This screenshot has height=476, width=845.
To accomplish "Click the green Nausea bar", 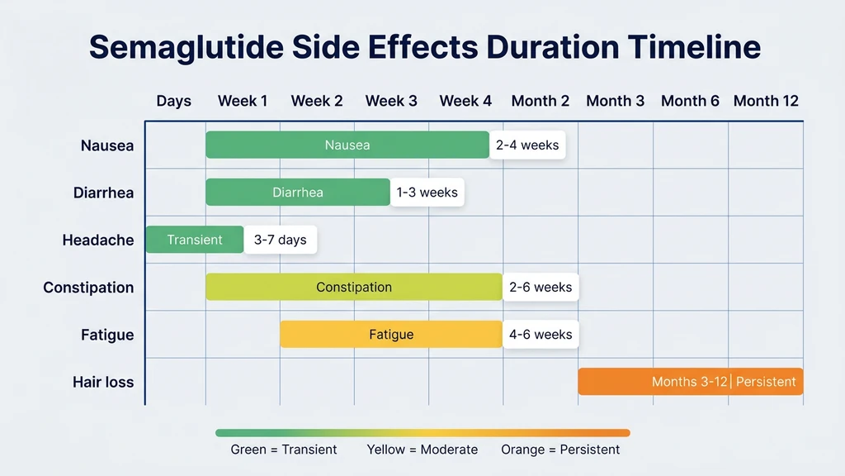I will coord(347,145).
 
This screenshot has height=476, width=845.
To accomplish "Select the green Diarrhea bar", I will coord(298,193).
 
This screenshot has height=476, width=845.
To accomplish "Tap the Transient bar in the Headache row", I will coord(195,240).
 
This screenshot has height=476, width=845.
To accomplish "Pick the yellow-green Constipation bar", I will coord(354,288).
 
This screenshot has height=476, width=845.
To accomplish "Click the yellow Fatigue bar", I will coord(391,335).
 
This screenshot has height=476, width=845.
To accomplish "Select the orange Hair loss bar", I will coord(690,382).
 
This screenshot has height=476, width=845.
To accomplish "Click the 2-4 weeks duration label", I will coord(527,145).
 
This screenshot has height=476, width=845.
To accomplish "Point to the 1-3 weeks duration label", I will coord(427,193).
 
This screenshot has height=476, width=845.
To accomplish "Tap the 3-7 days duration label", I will coord(280,240).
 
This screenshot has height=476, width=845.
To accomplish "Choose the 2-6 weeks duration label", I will coord(541,288).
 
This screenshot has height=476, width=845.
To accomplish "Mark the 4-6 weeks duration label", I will coord(541,335).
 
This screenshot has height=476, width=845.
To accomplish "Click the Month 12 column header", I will coord(766,101).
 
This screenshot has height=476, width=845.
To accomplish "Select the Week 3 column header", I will coord(391,101).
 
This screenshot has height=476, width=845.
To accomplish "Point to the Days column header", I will coord(173,101).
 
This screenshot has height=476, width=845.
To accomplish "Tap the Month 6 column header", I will coord(690,101).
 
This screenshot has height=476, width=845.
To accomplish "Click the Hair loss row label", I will coord(103,383).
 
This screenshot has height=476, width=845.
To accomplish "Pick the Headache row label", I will coord(97,240).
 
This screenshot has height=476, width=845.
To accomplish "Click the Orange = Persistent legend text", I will coord(560,450).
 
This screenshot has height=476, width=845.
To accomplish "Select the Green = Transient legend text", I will coord(284,450).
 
